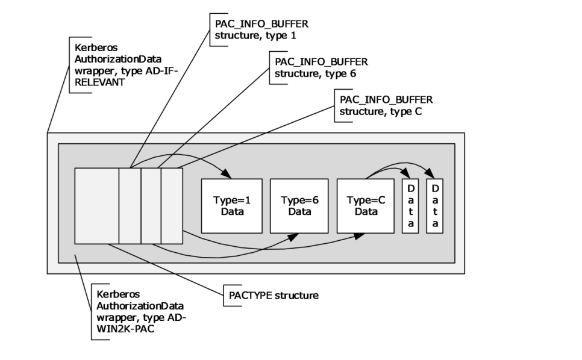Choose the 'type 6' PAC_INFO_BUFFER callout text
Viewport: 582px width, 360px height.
click(321, 67)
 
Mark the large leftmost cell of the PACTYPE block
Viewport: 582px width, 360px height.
click(96, 205)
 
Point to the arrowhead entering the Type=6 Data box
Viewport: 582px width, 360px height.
click(296, 237)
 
